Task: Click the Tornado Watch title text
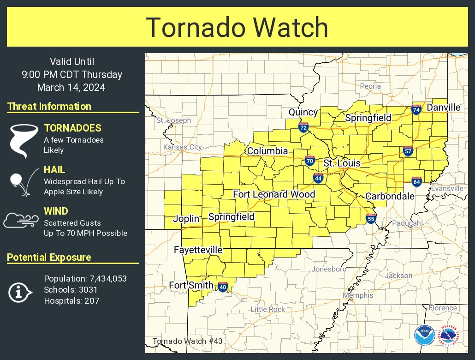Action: point(237,28)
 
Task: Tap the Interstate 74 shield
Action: point(416,110)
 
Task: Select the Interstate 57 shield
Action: point(408,151)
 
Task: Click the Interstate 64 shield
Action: point(416,181)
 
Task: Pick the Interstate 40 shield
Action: point(223,287)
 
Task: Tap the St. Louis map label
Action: point(342,163)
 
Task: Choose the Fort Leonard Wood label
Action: point(274,194)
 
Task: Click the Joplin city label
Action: point(186,219)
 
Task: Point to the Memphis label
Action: point(358,295)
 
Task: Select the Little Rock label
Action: point(268,309)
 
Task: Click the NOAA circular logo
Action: point(424,336)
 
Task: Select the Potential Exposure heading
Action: point(49,258)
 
